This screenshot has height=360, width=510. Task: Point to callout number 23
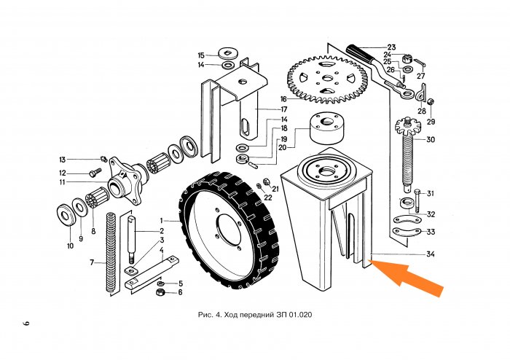(391, 47)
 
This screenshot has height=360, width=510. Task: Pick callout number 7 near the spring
(92, 262)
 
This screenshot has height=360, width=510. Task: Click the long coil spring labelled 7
(111, 251)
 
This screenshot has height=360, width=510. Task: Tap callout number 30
(431, 139)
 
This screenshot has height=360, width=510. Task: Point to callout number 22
(267, 197)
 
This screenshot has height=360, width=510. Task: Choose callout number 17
(284, 109)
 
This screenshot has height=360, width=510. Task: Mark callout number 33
(431, 232)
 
